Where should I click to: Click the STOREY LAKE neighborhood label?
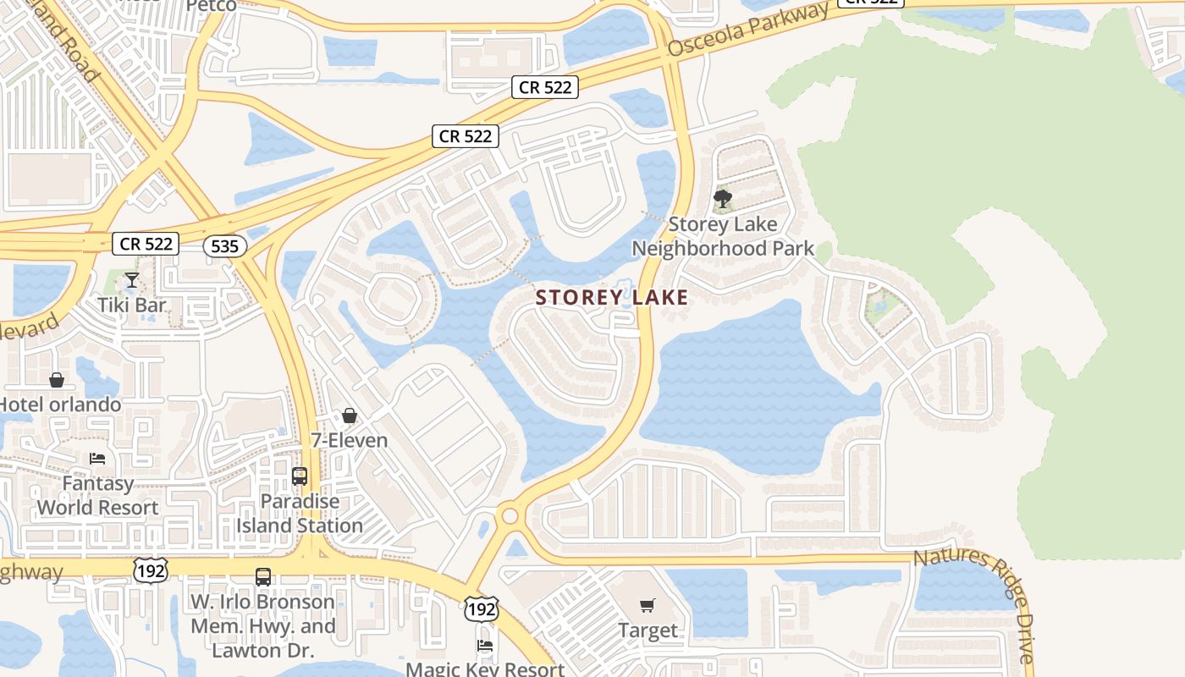coord(612,298)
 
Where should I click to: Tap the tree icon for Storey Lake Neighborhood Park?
coord(722,200)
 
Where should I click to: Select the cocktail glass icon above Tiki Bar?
coord(131,280)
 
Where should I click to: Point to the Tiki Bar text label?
coord(131,305)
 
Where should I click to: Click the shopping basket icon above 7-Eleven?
coord(349,416)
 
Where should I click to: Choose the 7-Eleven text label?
coord(349,440)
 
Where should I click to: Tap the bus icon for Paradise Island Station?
coord(299,476)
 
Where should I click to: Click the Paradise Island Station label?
coord(300,513)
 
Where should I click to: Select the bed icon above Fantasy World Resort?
coord(97,459)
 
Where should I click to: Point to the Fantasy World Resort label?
coord(97,496)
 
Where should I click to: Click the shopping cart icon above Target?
coord(648,605)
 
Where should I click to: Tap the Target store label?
coord(648,630)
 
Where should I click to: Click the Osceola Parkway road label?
coord(747,30)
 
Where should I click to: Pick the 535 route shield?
coord(225,246)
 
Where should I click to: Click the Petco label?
coord(211,6)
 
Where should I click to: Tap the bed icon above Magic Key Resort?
coord(485,645)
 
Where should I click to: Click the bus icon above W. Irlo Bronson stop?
coord(263,577)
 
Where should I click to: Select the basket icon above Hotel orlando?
coord(57,380)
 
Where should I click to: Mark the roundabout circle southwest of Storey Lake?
coord(509,515)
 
